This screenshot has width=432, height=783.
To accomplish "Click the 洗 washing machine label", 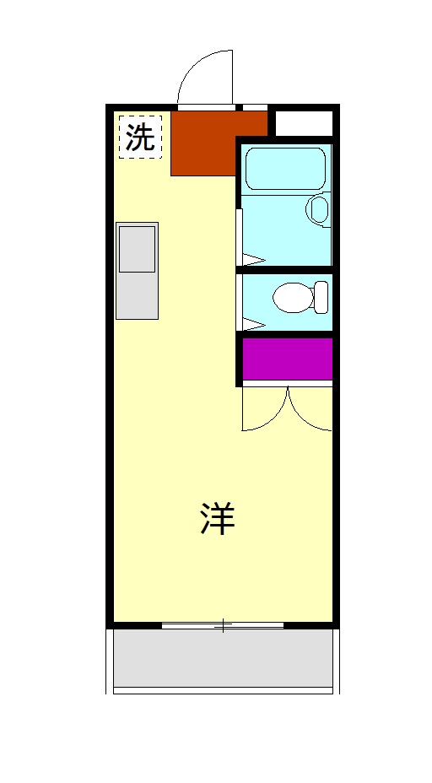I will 140,138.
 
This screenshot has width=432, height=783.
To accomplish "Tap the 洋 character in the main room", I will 217,519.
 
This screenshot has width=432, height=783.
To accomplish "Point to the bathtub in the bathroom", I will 284,169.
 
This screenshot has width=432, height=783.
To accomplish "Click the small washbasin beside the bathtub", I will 318,210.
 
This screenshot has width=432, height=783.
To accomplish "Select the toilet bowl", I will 292,296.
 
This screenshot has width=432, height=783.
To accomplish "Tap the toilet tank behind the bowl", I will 321,295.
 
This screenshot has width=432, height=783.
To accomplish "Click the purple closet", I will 287,359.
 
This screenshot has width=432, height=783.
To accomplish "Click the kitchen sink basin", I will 137,249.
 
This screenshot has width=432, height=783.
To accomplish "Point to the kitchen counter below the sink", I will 137,296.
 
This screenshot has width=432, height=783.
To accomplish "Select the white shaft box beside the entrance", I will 304,122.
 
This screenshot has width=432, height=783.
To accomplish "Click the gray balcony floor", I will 223,658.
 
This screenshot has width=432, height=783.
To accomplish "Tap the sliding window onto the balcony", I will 223,625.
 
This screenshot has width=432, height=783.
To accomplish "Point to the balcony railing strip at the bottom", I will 223,690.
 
